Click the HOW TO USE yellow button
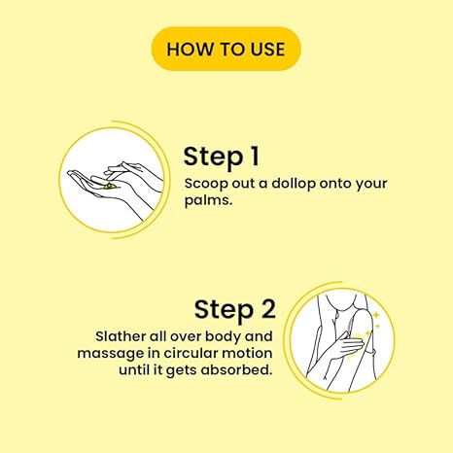pyautogui.click(x=226, y=49)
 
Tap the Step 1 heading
pyautogui.click(x=222, y=157)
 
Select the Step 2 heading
pyautogui.click(x=235, y=310)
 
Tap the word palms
pyautogui.click(x=208, y=201)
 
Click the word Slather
pyautogui.click(x=121, y=336)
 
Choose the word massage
pyautogui.click(x=110, y=354)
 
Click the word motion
pyautogui.click(x=247, y=353)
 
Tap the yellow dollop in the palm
pyautogui.click(x=109, y=186)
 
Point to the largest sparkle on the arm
pyautogui.click(x=376, y=314)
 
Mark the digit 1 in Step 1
pyautogui.click(x=256, y=156)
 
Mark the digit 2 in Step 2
pyautogui.click(x=268, y=308)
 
